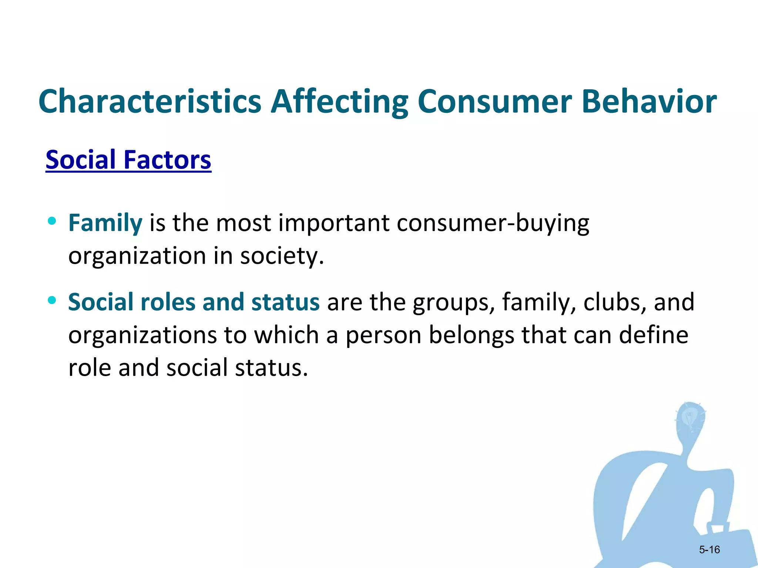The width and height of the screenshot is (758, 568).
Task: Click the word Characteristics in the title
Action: tap(150, 101)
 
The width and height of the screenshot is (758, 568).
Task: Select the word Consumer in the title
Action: tap(494, 101)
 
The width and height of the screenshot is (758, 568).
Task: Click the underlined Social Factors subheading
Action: tap(128, 160)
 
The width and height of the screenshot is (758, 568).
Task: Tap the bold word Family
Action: tap(105, 223)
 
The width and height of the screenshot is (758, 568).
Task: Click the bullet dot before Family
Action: tap(52, 221)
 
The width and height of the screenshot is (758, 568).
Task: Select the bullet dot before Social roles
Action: tap(52, 300)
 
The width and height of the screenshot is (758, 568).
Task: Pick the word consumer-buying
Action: tap(493, 223)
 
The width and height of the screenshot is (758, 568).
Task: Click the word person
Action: tap(383, 335)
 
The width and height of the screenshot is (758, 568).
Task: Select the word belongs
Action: tap(471, 335)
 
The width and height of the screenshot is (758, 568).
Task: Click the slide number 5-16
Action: tap(709, 550)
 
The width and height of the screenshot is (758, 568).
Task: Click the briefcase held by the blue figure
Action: tap(725, 544)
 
